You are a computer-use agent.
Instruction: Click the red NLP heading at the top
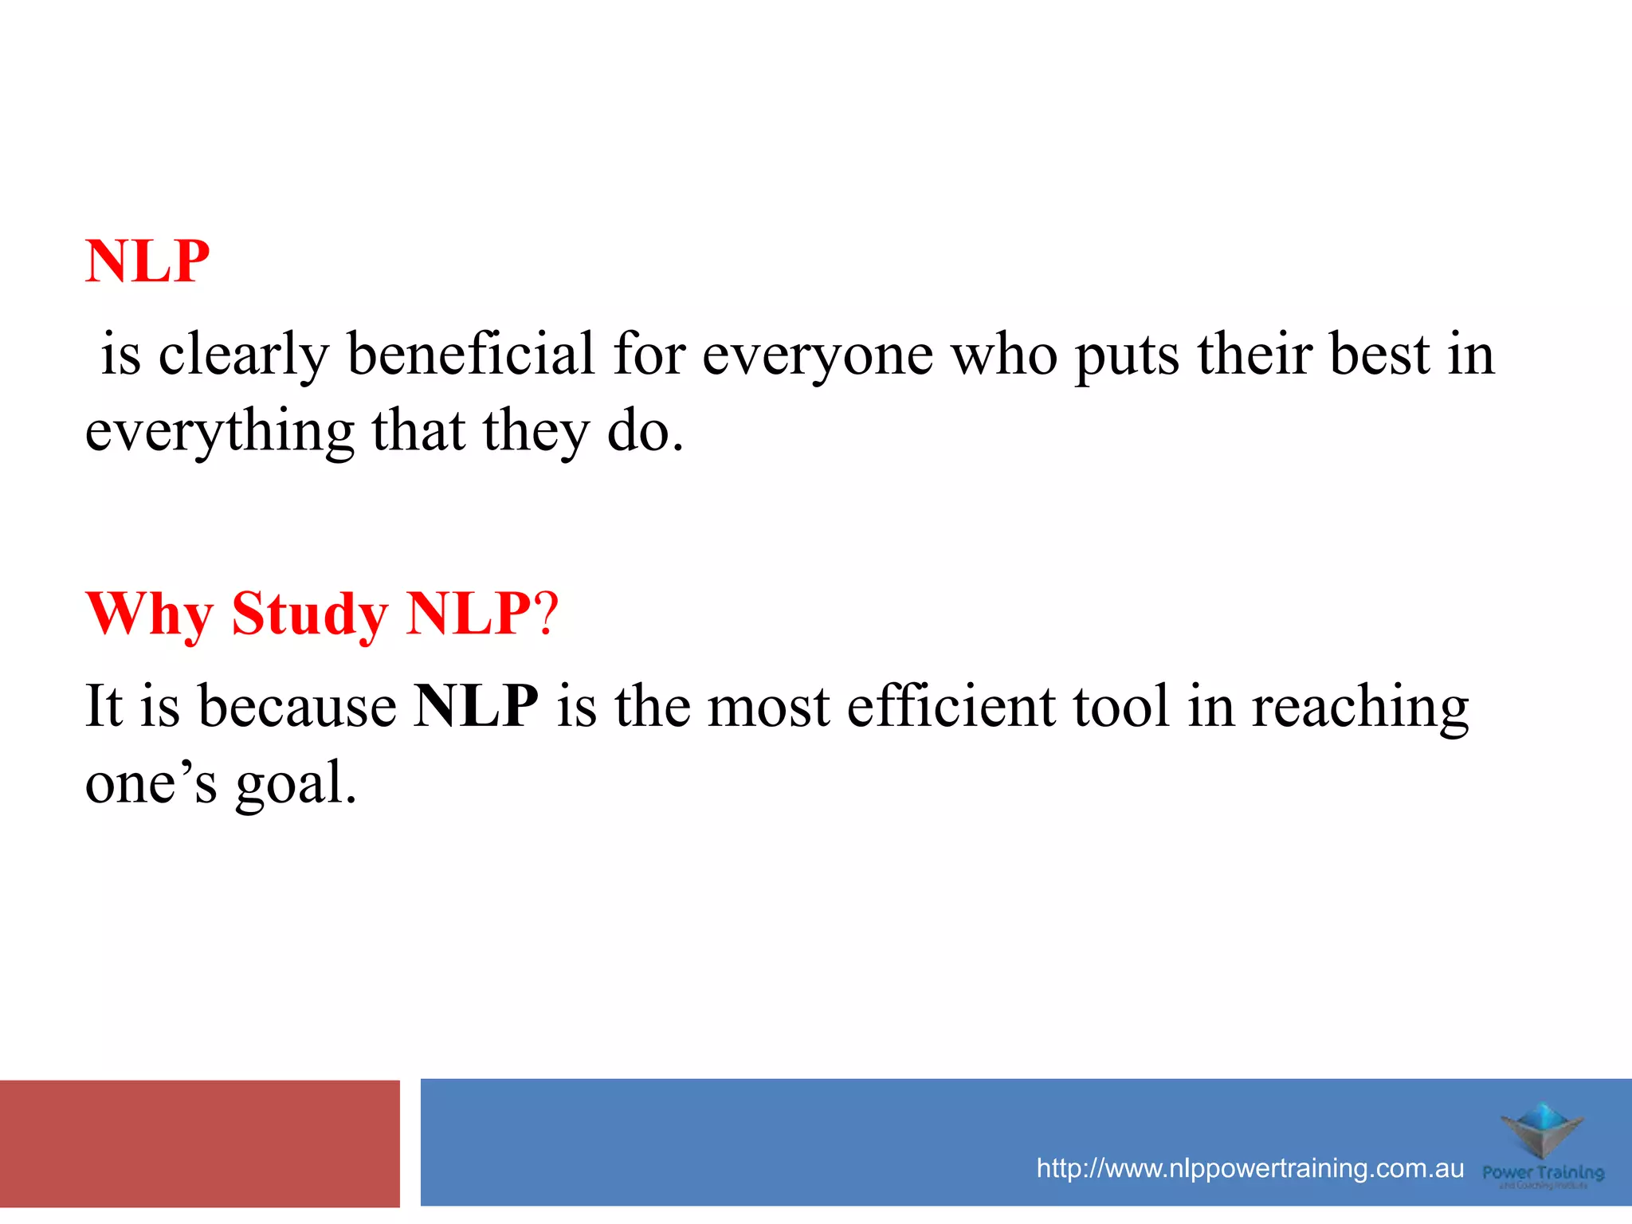pos(147,261)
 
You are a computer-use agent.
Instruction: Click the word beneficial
pos(470,354)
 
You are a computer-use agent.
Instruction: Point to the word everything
pos(219,432)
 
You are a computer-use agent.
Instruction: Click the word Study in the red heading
pos(309,614)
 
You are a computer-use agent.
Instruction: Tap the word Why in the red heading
pos(149,614)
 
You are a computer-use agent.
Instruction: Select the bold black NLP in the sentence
pos(476,706)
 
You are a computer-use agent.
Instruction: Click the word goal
pos(295,784)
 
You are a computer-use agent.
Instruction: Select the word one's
pos(151,783)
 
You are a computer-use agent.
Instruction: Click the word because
pos(296,706)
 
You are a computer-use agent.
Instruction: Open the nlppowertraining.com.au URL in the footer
pos(1249,1168)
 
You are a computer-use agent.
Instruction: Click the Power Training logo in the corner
pos(1543,1145)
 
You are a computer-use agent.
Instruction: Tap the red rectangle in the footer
pos(199,1143)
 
